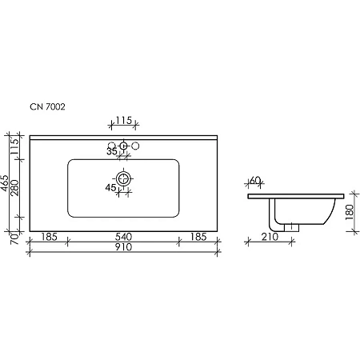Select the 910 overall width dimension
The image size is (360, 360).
[123, 247]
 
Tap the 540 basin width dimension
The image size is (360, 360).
[123, 236]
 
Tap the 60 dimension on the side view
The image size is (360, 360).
[256, 180]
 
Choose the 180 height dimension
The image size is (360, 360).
[350, 211]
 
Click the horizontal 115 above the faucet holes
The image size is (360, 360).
[123, 121]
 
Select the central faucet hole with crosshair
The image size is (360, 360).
[123, 146]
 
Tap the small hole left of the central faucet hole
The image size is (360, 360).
[110, 146]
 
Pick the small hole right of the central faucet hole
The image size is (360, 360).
[137, 146]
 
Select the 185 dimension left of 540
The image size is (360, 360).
[46, 236]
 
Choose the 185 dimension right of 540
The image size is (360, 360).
[201, 236]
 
